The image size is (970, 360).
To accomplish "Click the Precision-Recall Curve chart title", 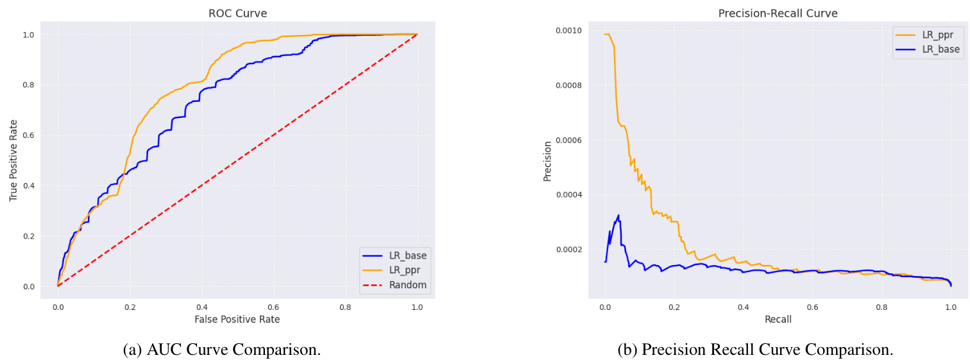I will tap(777, 13).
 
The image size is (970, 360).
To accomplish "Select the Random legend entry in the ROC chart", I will tap(407, 284).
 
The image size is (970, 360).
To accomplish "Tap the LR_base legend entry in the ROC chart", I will tap(407, 255).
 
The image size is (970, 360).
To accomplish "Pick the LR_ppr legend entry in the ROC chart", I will tap(404, 270).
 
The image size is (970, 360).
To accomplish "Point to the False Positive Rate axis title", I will tap(237, 318).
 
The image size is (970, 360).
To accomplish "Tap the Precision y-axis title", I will tap(547, 160).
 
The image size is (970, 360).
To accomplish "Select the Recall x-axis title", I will tap(777, 318).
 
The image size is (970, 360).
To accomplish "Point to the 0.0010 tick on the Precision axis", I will tap(569, 31).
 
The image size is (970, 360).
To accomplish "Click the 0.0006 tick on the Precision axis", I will tap(569, 140).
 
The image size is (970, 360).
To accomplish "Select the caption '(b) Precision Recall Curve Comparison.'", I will tap(755, 350).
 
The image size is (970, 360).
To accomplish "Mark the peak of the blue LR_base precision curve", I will tap(618, 215).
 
